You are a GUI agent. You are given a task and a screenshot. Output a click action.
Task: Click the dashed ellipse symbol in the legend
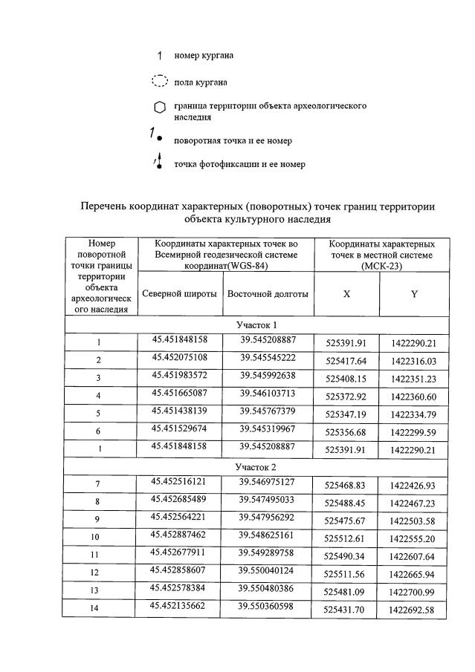pos(159,81)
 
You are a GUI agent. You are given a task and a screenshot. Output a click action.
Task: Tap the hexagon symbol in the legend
pos(159,108)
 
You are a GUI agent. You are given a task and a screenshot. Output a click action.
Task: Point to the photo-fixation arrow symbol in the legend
pos(158,163)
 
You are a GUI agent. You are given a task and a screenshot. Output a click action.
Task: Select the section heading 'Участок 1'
pos(256,325)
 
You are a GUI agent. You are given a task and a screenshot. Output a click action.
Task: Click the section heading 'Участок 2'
pos(256,467)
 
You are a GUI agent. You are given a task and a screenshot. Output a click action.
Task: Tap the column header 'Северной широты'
pos(179,293)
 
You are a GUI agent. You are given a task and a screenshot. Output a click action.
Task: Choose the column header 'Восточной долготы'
pos(268,293)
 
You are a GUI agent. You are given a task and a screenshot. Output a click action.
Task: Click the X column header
pos(346,294)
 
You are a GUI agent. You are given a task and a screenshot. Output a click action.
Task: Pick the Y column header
pos(414,294)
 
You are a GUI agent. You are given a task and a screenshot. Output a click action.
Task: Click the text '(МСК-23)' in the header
pos(381,265)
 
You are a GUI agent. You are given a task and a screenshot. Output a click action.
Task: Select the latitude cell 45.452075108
pos(180,357)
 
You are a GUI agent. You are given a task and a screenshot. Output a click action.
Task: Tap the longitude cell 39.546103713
pos(268,393)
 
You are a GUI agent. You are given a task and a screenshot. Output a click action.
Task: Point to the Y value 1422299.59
pos(413,432)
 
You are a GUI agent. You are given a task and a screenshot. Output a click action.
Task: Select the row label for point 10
pos(98,537)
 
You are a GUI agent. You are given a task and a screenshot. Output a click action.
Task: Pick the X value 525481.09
pos(346,592)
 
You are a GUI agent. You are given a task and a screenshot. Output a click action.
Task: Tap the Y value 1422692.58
pos(413,610)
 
